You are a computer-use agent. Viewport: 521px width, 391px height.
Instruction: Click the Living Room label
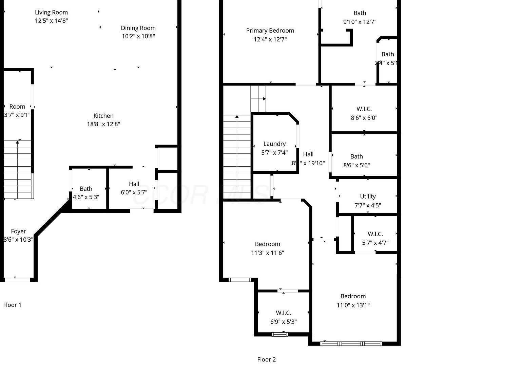point(51,13)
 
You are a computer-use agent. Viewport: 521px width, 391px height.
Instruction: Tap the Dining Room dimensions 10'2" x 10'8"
point(138,36)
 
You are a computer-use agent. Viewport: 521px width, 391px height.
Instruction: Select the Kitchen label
point(103,116)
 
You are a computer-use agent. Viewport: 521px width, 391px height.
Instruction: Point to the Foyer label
point(18,231)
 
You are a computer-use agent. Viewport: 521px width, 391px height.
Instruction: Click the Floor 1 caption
point(12,305)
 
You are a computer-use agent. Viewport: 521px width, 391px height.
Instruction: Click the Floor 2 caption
point(266,359)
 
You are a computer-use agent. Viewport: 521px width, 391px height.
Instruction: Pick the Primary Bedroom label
point(270,31)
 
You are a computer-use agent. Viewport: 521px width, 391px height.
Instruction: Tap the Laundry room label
point(274,144)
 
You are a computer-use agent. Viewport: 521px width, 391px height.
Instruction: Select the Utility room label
point(368,197)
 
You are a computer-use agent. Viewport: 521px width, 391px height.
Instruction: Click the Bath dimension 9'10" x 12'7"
point(360,22)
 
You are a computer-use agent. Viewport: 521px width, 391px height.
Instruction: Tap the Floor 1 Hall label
point(134,184)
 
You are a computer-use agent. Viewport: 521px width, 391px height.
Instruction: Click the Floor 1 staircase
point(18,170)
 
